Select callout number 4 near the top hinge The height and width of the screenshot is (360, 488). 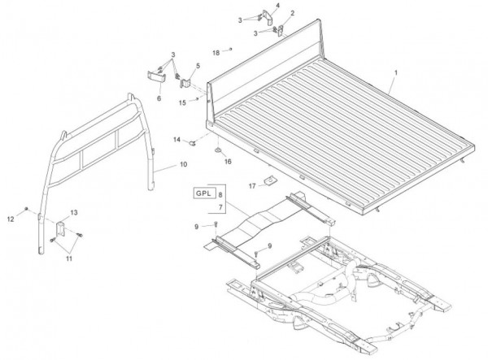[277, 7]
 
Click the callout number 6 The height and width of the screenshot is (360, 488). [159, 98]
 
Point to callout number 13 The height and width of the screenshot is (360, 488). [73, 212]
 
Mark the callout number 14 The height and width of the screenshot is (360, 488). [176, 139]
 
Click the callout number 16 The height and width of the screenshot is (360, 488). [229, 162]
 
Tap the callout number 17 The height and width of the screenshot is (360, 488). [251, 184]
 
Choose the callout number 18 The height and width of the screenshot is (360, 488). [216, 51]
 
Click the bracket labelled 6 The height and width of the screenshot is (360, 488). [155, 76]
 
